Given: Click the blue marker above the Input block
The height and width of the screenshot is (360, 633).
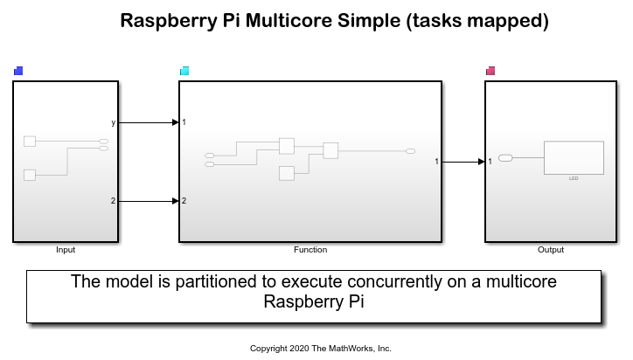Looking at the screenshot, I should pyautogui.click(x=18, y=71).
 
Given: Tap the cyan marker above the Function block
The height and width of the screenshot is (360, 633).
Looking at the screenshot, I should pyautogui.click(x=184, y=71).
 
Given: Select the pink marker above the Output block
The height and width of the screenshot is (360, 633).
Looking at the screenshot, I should pyautogui.click(x=490, y=71).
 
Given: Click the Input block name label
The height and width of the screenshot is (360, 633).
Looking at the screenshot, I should pyautogui.click(x=66, y=250).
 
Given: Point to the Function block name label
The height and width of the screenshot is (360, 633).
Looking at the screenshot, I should pyautogui.click(x=310, y=250).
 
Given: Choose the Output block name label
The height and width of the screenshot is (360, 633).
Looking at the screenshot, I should pyautogui.click(x=550, y=250).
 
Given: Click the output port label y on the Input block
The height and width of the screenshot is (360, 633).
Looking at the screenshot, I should pyautogui.click(x=113, y=122).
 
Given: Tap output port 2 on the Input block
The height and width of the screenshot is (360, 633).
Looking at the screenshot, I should pyautogui.click(x=113, y=201).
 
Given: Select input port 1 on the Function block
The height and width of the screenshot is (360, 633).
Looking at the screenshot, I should pyautogui.click(x=184, y=122).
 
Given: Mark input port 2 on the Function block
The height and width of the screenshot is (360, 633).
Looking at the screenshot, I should pyautogui.click(x=184, y=201).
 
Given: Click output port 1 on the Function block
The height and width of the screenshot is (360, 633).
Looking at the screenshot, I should pyautogui.click(x=436, y=162).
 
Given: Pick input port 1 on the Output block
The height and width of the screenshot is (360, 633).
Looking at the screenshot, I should pyautogui.click(x=490, y=162).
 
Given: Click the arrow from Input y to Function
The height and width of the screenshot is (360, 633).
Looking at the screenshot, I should pyautogui.click(x=149, y=122).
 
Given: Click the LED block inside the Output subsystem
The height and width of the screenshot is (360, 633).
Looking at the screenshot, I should pyautogui.click(x=574, y=158).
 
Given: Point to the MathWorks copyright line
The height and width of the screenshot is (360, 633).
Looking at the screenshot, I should pyautogui.click(x=321, y=348).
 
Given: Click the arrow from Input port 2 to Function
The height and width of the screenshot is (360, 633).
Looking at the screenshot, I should pyautogui.click(x=149, y=201).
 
